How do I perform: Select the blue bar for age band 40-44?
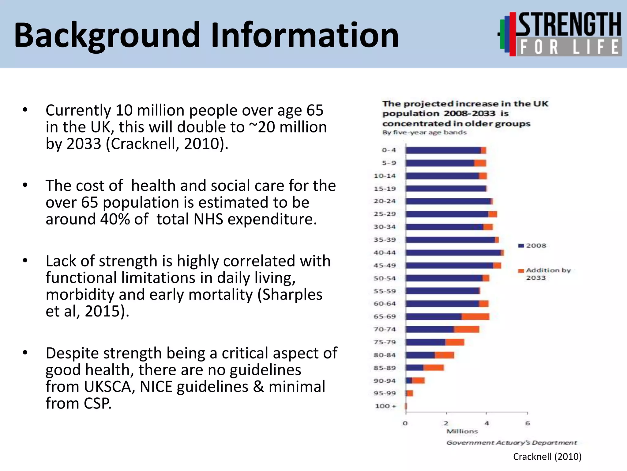click(453, 253)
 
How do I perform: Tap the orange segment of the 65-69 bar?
click(475, 317)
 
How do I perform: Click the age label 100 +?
click(385, 406)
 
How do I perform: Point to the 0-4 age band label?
click(389, 150)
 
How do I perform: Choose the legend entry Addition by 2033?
click(545, 274)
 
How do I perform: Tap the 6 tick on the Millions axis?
click(528, 423)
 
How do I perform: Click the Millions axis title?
click(462, 431)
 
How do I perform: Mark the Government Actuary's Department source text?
click(511, 443)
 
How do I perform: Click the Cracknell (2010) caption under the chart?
click(547, 457)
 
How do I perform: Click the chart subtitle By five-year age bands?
click(424, 132)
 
